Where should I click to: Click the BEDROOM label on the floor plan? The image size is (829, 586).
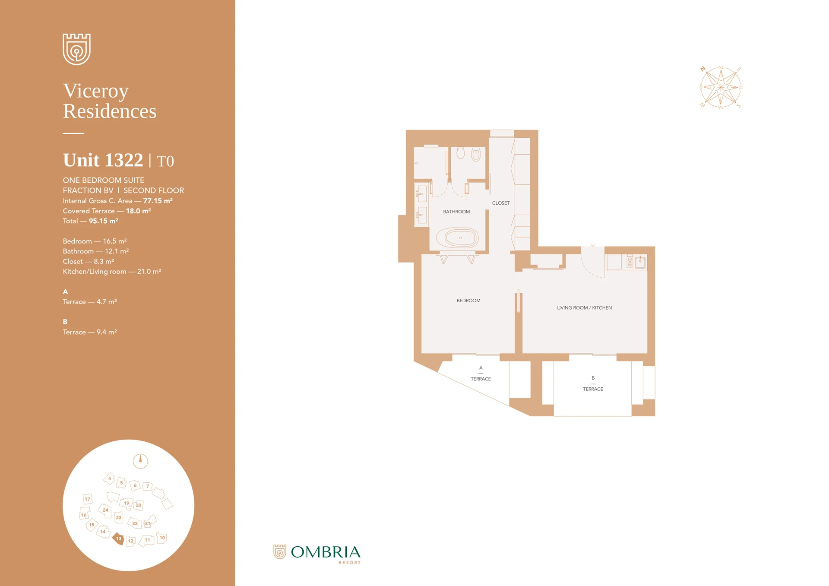[x=468, y=301]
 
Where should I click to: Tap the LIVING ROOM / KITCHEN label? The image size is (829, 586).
[x=584, y=308]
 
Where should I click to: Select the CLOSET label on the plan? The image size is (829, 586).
[x=500, y=203]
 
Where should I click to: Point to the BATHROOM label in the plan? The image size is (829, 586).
[x=456, y=212]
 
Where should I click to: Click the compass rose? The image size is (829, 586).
[x=720, y=88]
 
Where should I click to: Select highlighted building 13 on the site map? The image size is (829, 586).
[x=118, y=538]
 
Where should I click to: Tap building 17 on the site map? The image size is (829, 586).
[x=87, y=499]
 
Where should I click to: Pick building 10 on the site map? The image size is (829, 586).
[x=162, y=538]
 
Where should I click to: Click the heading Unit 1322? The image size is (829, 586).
[x=103, y=160]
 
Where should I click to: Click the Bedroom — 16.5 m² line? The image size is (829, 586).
[x=95, y=241]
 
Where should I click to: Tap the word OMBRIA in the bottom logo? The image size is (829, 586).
[x=325, y=552]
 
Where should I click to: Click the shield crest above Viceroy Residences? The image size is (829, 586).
[x=76, y=49]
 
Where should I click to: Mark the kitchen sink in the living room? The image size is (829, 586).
[x=640, y=262]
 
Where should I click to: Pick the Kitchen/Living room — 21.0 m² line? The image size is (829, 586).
[x=112, y=272]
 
